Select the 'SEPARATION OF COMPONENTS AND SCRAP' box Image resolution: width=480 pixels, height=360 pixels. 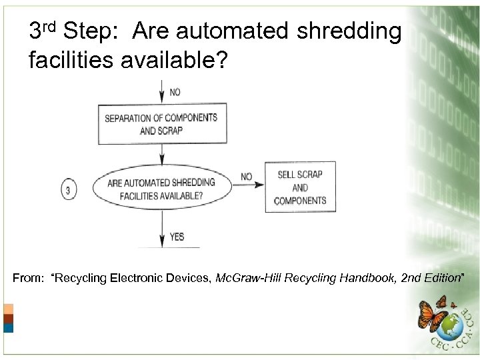click(x=161, y=124)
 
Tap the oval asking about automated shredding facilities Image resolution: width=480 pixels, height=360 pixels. click(x=161, y=189)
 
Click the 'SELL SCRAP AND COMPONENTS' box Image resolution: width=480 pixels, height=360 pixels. click(x=300, y=187)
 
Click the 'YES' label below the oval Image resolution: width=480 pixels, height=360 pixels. click(x=177, y=237)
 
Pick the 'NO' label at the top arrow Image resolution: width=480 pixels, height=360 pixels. click(x=175, y=92)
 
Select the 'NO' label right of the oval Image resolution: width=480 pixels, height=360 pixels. click(x=247, y=177)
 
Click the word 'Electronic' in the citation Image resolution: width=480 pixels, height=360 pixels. click(x=132, y=278)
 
